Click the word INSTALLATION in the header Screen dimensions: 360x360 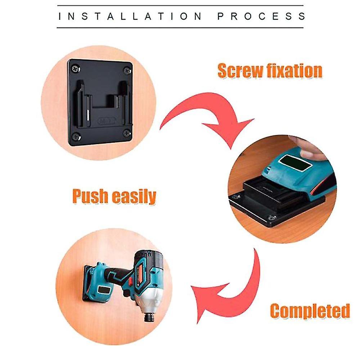pos(130,17)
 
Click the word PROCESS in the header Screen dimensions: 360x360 pos(261,17)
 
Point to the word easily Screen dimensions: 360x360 pos(134,197)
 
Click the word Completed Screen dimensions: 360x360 pos(310,311)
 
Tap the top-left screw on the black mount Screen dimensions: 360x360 pos(76,68)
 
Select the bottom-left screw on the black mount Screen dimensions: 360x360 pos(76,137)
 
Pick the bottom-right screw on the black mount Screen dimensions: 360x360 pos(127,132)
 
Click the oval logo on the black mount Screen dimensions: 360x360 pos(107,121)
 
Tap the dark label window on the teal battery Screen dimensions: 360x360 pos(295,163)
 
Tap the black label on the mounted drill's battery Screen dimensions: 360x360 pos(104,290)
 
